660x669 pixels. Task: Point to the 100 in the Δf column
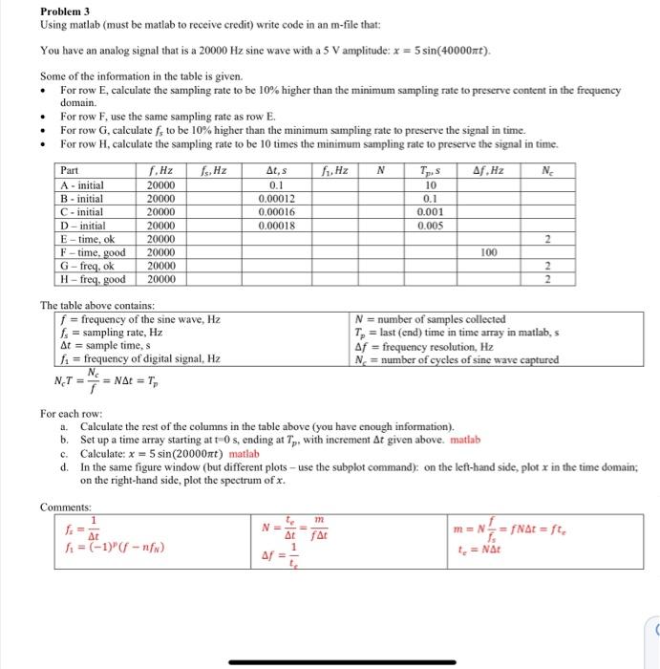488,252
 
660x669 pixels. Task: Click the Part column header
70,171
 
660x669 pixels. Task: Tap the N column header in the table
381,171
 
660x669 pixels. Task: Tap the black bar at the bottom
330,661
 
